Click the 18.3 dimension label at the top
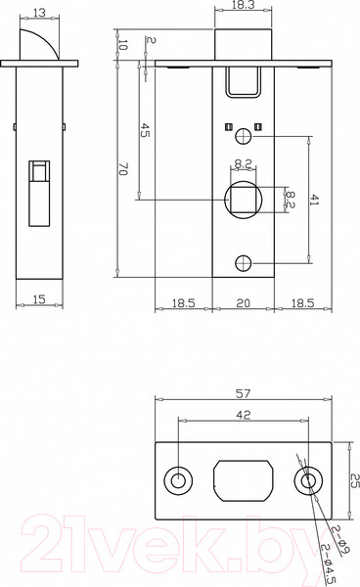(243, 5)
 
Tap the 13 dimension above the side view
(39, 13)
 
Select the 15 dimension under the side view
(39, 299)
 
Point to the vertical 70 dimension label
(123, 169)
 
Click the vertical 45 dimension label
(145, 130)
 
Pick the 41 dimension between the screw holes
(314, 201)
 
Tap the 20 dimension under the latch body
(244, 303)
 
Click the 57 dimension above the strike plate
(243, 393)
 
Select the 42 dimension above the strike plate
(244, 415)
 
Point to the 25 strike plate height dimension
(355, 480)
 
